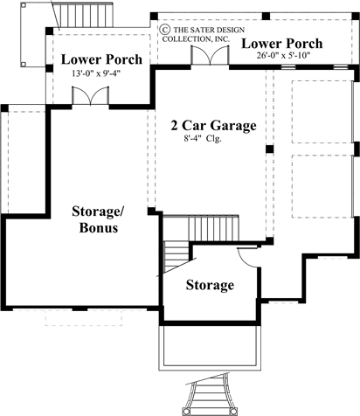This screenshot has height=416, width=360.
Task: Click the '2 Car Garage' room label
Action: click(x=213, y=125)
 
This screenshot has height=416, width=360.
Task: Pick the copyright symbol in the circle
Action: click(x=163, y=28)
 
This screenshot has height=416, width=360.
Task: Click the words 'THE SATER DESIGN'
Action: click(x=199, y=28)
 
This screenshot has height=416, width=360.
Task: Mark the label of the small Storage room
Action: click(x=210, y=285)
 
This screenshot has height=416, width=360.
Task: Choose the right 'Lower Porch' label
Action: click(x=281, y=43)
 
